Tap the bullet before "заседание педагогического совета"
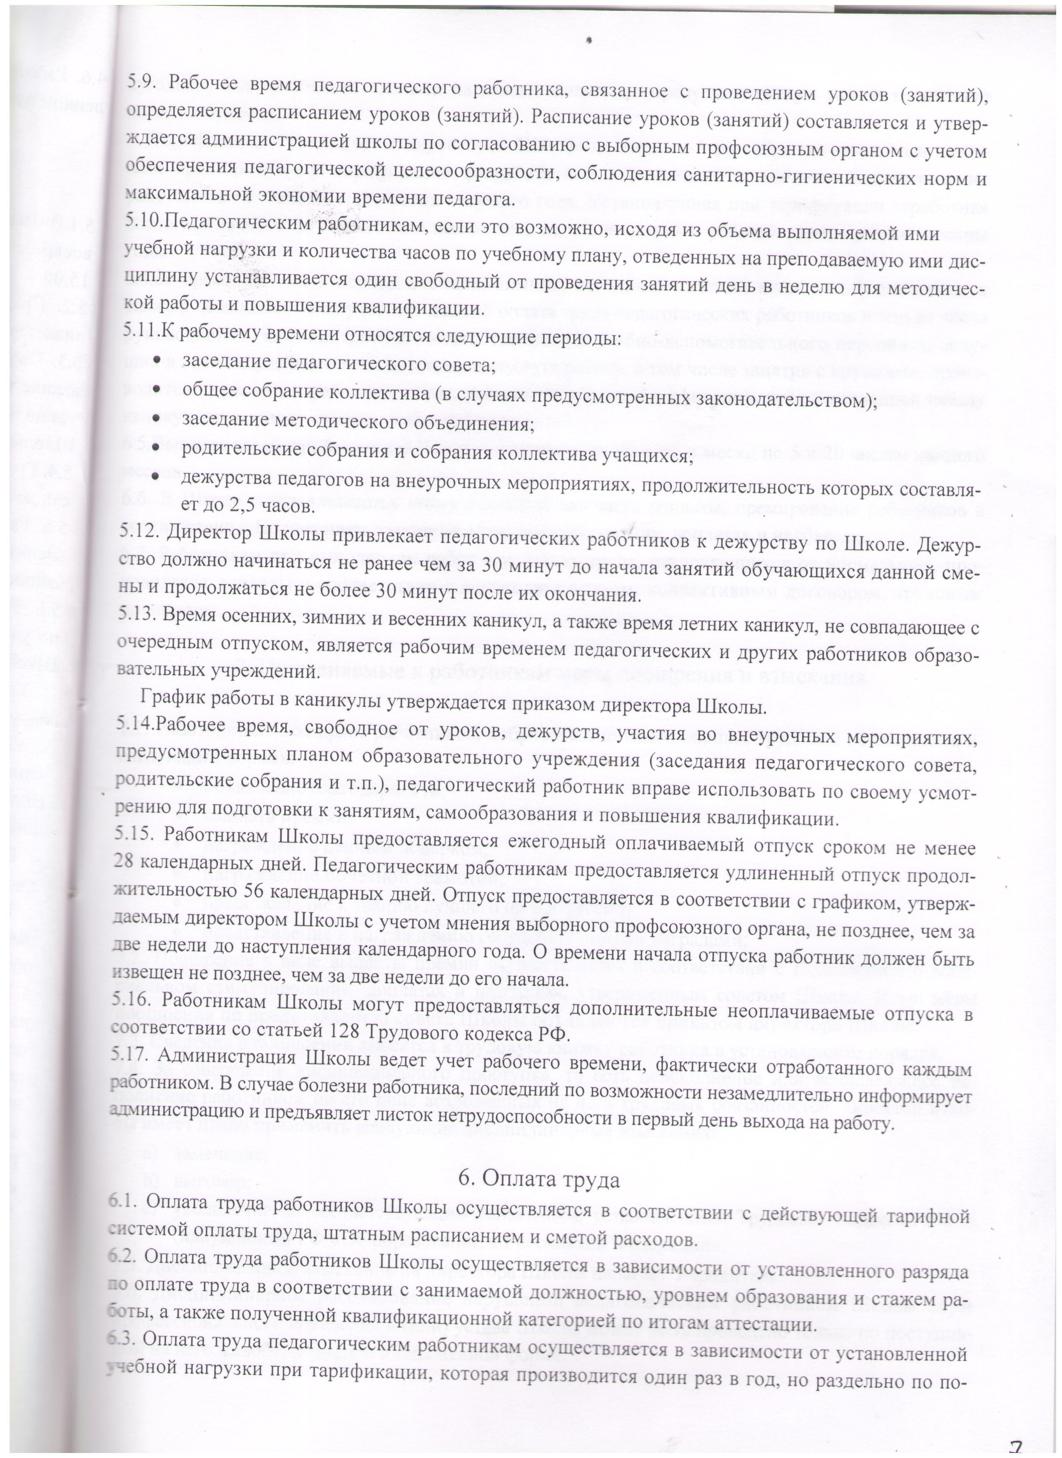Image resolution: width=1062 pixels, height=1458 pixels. (157, 365)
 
